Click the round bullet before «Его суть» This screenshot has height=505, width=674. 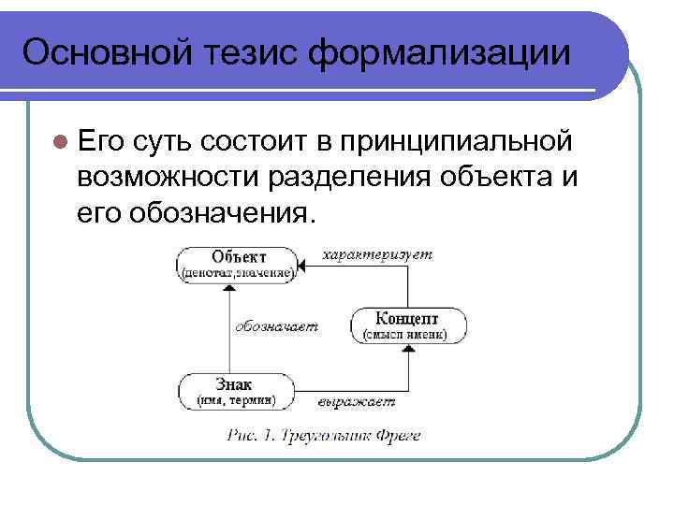pyautogui.click(x=61, y=141)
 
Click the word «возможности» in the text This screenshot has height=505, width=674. pyautogui.click(x=170, y=178)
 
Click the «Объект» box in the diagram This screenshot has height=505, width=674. pyautogui.click(x=239, y=264)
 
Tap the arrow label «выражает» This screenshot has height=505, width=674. pyautogui.click(x=356, y=401)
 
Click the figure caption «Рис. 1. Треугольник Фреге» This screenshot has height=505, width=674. pyautogui.click(x=323, y=435)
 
